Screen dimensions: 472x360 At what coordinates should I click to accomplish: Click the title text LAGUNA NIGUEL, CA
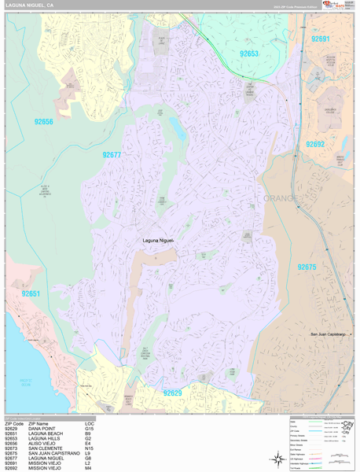coord(30,5)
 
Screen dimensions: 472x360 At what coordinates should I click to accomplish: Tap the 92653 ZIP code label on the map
coord(249,53)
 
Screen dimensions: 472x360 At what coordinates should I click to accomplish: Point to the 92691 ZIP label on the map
coord(320,38)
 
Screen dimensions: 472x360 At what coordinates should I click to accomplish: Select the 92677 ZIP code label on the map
coord(112,155)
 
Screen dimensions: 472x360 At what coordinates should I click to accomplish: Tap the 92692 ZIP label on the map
coord(314,144)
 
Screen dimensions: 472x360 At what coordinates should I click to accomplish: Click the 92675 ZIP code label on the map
coord(307,267)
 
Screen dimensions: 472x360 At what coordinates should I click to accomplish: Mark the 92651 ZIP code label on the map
coord(31,293)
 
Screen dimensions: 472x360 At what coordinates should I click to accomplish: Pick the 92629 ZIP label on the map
coord(173,392)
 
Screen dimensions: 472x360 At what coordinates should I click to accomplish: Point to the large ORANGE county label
coord(280,198)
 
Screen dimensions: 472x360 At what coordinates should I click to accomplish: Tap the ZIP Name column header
coord(41,423)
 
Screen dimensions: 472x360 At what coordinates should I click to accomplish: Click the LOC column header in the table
coord(89,423)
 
